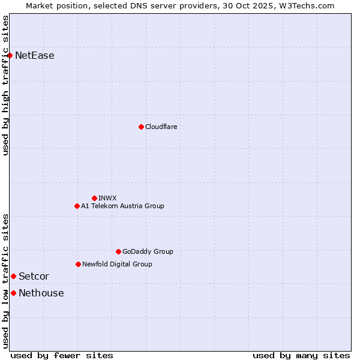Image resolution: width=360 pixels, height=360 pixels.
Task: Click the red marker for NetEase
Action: [x=10, y=56]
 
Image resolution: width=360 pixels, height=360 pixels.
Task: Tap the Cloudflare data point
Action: [x=141, y=127]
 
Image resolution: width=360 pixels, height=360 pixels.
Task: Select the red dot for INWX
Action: [x=94, y=198]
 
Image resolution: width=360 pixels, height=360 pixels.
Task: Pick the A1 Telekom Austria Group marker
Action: [x=77, y=206]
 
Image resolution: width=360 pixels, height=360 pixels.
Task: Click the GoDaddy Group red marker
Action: [x=118, y=251]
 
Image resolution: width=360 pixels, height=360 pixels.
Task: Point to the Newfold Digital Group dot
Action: [x=78, y=264]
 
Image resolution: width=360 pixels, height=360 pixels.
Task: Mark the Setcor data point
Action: [x=13, y=276]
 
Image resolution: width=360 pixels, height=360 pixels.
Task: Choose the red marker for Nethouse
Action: [x=13, y=293]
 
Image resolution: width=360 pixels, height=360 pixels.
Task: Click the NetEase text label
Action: [x=35, y=56]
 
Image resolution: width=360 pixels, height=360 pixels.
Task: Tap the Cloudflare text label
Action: [x=161, y=127]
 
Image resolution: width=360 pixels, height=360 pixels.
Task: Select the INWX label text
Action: [x=108, y=198]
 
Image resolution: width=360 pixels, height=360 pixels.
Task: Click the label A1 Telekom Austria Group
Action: [x=122, y=206]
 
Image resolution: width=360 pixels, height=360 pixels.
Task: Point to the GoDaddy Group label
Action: [x=148, y=251]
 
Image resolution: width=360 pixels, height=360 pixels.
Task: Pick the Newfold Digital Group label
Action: [x=117, y=264]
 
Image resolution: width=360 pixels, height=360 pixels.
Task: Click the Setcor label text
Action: [x=34, y=276]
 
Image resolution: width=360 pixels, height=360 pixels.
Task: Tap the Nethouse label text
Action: [x=41, y=293]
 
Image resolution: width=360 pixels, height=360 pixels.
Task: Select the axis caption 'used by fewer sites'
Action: [x=62, y=355]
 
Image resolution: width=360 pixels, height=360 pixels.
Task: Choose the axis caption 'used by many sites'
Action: [x=301, y=355]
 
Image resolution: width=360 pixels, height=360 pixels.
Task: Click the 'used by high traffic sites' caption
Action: [x=5, y=85]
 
